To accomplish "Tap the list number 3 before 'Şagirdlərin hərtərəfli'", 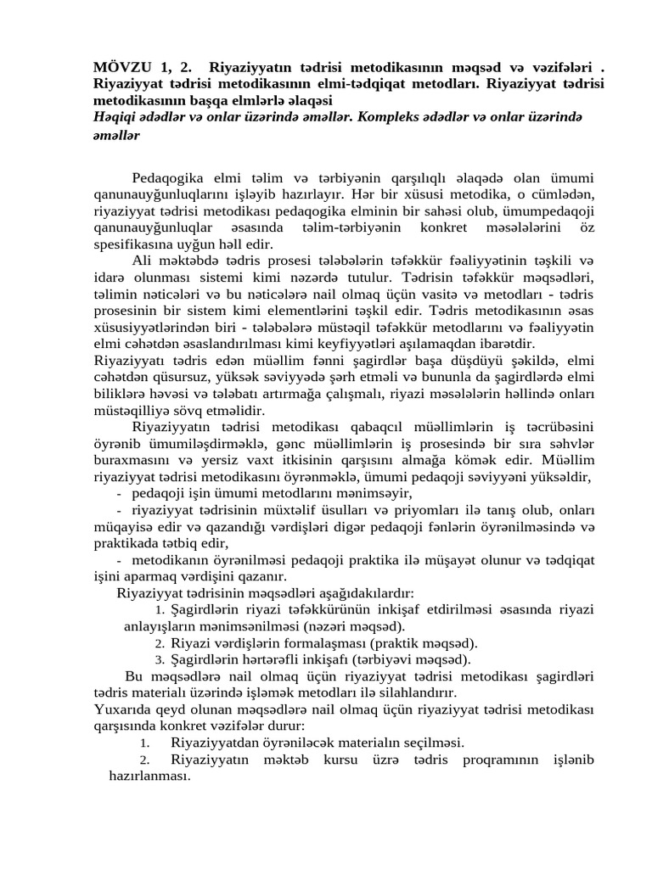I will (x=159, y=659).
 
